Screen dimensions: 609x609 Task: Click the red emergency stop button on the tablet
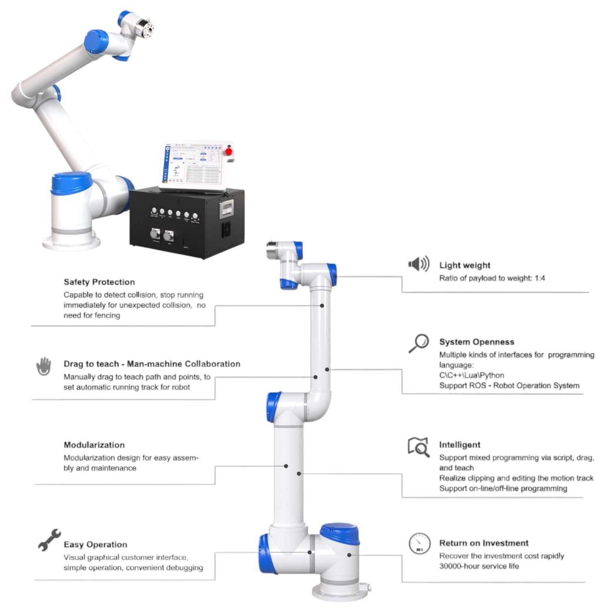[229, 151]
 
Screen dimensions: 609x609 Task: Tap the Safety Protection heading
[99, 282]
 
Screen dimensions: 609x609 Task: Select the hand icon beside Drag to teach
[43, 366]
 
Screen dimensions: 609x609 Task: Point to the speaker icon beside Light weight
[419, 264]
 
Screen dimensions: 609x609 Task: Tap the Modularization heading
[94, 445]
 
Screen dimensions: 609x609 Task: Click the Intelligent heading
[460, 445]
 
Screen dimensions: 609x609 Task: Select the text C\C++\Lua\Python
[471, 375]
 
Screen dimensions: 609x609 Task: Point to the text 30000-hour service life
[479, 566]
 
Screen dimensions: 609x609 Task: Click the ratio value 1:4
[540, 278]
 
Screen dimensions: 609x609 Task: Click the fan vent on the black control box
[226, 230]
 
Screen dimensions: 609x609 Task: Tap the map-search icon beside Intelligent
[419, 447]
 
